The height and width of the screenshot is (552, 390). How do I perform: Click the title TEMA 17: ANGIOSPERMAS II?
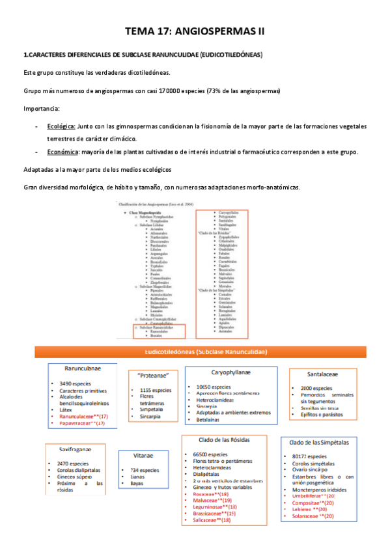[x=195, y=31]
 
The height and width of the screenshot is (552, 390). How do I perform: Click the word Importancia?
[x=41, y=108]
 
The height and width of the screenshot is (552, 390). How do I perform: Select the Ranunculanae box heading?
[x=86, y=368]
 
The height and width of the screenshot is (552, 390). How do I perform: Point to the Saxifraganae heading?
[x=76, y=449]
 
